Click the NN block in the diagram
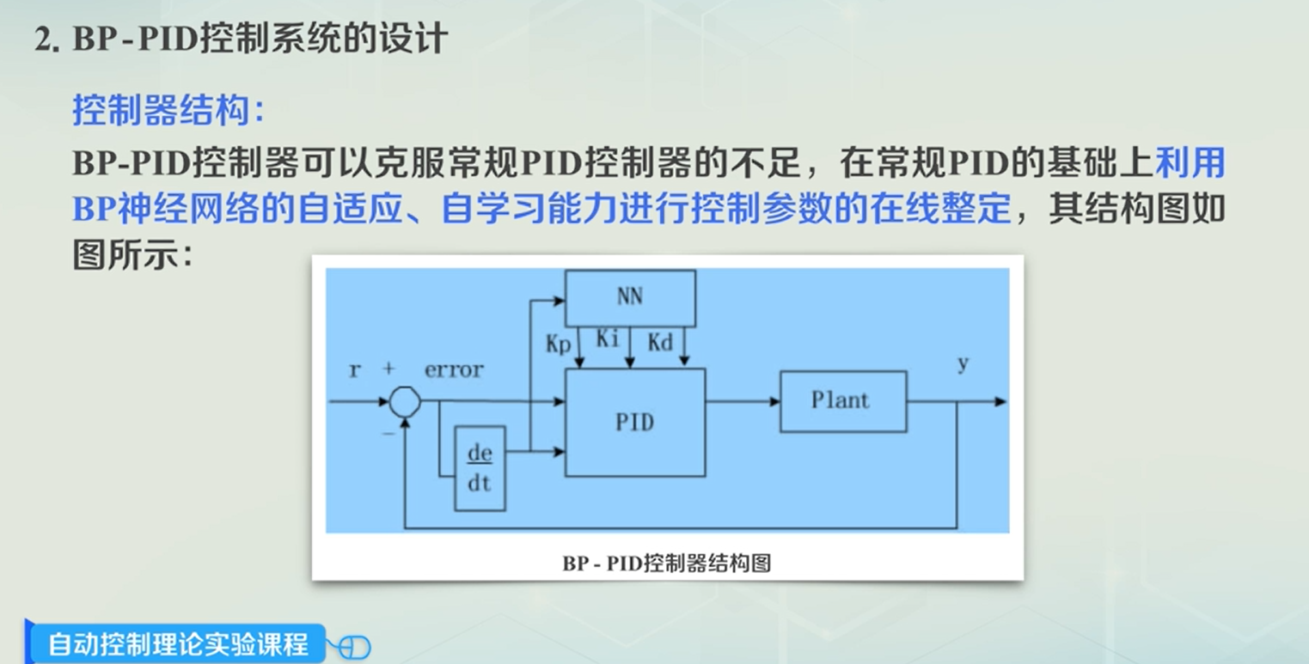(x=630, y=297)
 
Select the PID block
(x=634, y=422)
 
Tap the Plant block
(x=842, y=400)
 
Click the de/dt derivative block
(x=480, y=468)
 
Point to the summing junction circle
(x=404, y=400)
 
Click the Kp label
(x=559, y=344)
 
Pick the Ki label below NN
(x=608, y=339)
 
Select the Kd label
(x=660, y=344)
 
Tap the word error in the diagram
(x=454, y=370)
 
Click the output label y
(x=963, y=364)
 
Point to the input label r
(x=354, y=370)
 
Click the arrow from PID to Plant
(x=743, y=401)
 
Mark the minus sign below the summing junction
(x=388, y=434)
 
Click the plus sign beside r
(x=388, y=369)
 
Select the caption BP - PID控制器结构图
(x=666, y=563)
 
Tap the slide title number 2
(x=45, y=41)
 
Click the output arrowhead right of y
(x=1000, y=401)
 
